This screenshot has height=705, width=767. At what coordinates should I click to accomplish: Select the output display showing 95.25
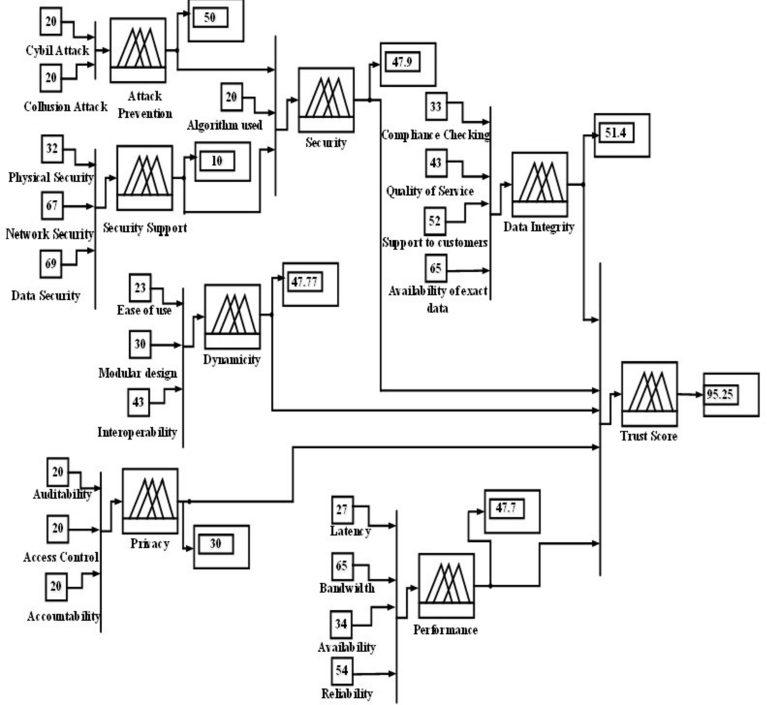coord(720,395)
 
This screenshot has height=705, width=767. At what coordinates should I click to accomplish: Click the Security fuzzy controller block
coord(326,102)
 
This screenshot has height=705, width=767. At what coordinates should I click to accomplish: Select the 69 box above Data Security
coord(51,263)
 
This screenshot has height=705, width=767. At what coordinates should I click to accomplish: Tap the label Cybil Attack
coord(58,51)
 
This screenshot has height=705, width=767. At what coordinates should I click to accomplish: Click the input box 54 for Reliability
coord(342,671)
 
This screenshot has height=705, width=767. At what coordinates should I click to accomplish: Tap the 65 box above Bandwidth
coord(342,566)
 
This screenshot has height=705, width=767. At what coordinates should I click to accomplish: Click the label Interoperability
coord(137,433)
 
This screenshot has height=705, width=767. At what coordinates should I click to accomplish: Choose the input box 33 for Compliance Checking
coord(435,107)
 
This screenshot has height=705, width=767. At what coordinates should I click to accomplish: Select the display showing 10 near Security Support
coord(217,161)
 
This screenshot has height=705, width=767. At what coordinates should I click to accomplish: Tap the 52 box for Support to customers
coord(435,221)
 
